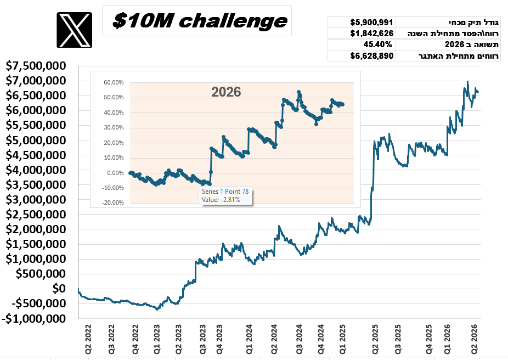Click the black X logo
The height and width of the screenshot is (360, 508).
(74, 30)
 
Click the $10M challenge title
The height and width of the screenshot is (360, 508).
(200, 21)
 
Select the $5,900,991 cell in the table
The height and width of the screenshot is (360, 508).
(371, 22)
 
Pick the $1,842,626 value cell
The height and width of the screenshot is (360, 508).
(371, 33)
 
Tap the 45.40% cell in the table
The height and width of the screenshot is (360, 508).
(377, 44)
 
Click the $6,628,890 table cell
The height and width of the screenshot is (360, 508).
(371, 56)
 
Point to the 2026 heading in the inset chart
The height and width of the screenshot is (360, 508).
(226, 92)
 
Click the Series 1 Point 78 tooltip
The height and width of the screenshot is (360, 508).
(225, 196)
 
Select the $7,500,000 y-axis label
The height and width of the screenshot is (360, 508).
(36, 66)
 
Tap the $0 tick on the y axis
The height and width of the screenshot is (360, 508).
(59, 289)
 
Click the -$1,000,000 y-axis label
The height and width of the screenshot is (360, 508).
(33, 318)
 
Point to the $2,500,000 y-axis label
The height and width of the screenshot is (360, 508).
(36, 214)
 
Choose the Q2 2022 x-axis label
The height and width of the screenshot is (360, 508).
(88, 339)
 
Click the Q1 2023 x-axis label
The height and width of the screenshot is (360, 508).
(157, 339)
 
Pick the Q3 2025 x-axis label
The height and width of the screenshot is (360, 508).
(398, 339)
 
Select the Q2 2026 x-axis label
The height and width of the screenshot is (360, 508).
(475, 339)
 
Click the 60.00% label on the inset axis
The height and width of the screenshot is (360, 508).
(114, 83)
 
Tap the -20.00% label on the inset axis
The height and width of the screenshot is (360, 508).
(113, 203)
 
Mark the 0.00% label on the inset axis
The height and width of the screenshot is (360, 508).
(115, 173)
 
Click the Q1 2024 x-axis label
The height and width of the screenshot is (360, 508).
(249, 339)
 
